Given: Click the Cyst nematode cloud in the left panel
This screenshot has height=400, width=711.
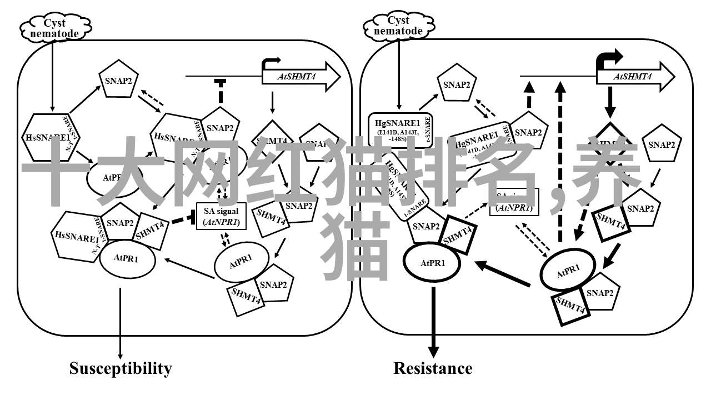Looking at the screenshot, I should pos(54,27).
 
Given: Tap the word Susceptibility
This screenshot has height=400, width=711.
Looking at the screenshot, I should pos(121,368).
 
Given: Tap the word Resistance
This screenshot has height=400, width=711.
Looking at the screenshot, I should pos(433,368).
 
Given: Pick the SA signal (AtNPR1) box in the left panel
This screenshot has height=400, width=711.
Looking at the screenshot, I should pos(221,217).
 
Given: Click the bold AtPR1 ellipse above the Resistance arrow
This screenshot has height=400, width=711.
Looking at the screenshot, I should pos(433,263).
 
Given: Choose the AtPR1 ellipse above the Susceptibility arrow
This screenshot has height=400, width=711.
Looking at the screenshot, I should pos(126,257).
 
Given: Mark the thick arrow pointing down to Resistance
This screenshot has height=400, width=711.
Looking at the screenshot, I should pos(433,322).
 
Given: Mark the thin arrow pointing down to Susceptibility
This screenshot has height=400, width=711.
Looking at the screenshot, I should pos(121,322).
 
